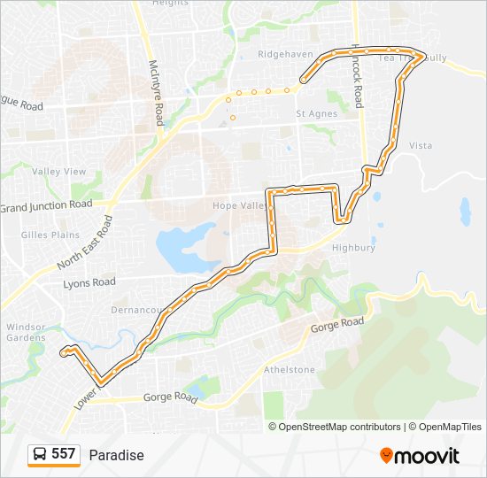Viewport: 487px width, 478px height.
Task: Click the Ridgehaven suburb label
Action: tap(285, 54)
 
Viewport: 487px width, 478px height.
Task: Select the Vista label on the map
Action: tap(421, 145)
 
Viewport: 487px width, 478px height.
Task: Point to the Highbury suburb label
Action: tap(353, 248)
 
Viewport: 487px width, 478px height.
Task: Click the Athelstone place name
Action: tap(290, 369)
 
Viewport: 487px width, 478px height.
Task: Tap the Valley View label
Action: tap(59, 171)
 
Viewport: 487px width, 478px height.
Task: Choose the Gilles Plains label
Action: tap(47, 235)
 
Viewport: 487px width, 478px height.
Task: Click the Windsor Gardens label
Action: tap(25, 332)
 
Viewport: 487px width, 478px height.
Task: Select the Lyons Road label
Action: tap(89, 282)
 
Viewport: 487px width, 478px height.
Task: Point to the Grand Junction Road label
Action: tap(46, 205)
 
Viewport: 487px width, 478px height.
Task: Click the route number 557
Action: tap(63, 454)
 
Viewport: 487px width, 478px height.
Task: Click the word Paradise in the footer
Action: tap(116, 455)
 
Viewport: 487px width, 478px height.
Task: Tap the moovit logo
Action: tap(420, 455)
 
